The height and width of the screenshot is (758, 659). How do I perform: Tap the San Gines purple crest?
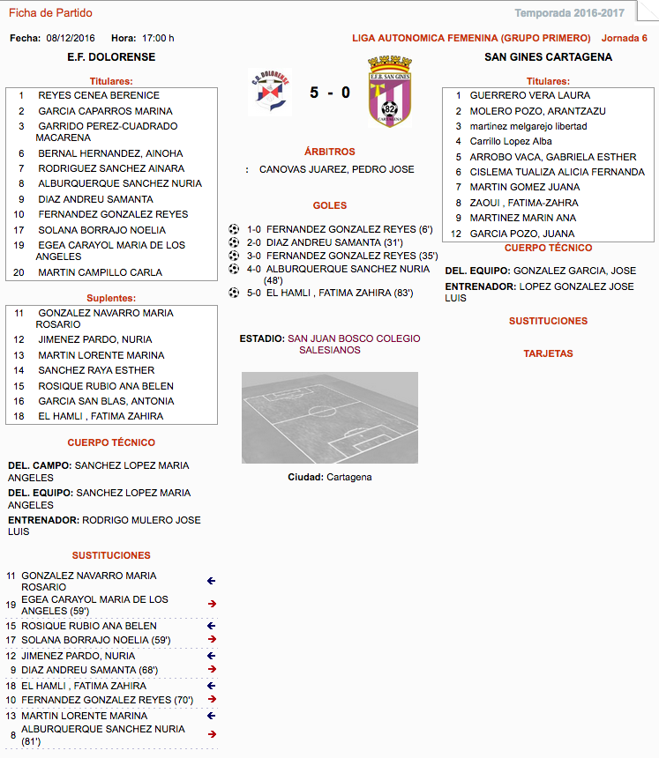389,93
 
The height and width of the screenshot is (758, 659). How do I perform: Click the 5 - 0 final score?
330,93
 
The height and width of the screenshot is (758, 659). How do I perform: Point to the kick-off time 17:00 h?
158,38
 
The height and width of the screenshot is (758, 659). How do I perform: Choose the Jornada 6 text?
624,38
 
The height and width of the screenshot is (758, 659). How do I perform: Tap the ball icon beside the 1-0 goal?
234,229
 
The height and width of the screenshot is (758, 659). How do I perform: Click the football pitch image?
330,418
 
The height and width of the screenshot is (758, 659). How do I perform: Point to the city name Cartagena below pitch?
348,477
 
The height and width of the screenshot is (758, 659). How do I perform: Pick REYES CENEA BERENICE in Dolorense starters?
99,95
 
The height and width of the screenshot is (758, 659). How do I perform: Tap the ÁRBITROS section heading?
329,152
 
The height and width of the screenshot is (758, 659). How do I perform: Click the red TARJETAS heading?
548,353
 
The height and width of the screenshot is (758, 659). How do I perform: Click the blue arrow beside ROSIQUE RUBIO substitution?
212,626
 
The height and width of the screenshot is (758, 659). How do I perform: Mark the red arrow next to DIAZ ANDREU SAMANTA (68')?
212,670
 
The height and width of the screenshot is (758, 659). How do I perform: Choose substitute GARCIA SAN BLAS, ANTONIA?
106,401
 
